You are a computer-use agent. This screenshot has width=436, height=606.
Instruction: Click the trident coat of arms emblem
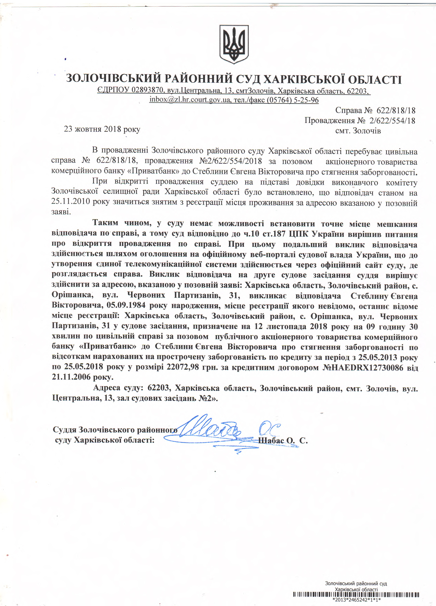[x=234, y=44]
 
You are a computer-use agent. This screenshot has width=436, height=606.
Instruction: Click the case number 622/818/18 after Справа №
[x=396, y=110]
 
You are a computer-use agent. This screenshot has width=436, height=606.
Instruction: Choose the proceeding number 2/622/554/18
[x=392, y=121]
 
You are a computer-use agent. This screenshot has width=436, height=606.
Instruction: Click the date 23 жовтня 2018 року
[x=102, y=129]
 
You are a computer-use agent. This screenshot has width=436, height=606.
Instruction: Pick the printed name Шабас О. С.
[x=283, y=441]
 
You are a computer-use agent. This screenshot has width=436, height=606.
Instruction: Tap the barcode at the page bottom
[x=356, y=595]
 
